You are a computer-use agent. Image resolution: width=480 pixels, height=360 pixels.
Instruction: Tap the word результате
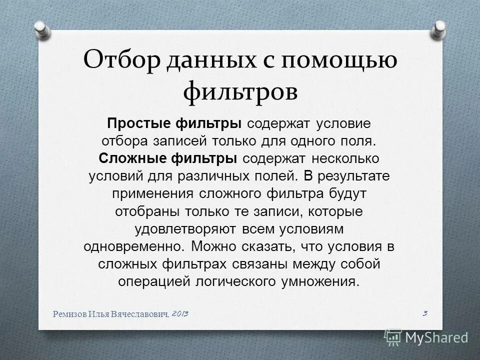(352, 176)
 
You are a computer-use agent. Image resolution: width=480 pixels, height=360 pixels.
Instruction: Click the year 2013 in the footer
(180, 313)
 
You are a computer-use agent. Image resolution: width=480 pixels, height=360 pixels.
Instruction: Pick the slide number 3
(424, 313)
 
